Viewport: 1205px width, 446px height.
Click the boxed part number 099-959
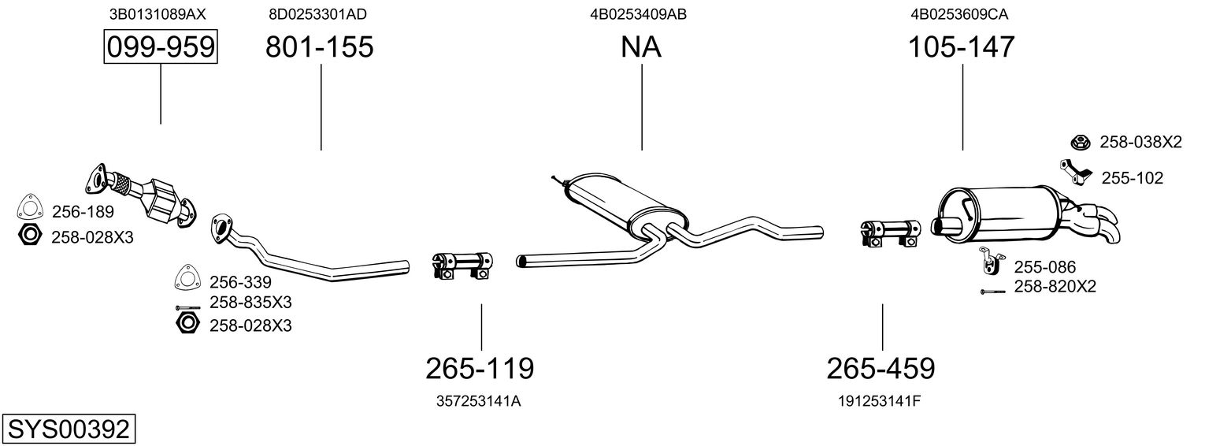161,47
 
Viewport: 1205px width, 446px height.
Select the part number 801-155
319,47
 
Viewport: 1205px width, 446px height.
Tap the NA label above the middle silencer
641,47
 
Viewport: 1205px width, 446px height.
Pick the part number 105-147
962,47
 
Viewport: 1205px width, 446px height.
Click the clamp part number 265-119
480,367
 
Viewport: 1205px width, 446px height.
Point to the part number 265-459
881,367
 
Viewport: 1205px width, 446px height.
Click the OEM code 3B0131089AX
161,14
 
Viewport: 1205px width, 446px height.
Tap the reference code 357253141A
479,401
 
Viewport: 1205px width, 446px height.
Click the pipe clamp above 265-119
462,264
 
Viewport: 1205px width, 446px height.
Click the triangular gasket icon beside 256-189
28,207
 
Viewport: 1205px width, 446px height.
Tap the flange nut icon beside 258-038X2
1079,143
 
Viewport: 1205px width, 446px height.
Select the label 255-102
1132,179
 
